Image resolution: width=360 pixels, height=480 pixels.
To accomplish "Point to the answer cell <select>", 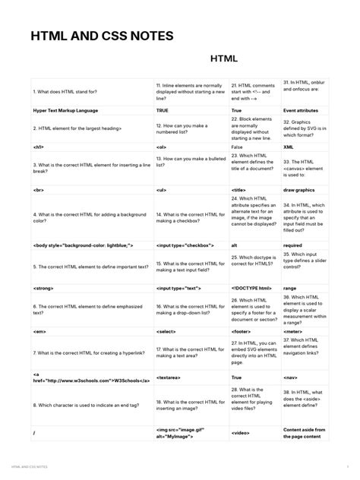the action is (166, 332).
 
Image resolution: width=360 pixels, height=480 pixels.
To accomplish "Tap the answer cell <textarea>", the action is (169, 377).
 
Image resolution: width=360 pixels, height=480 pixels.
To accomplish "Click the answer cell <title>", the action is (238, 189).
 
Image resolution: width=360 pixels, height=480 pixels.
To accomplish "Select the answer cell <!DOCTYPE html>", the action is (251, 289).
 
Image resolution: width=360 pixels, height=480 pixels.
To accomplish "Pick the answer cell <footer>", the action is (242, 332).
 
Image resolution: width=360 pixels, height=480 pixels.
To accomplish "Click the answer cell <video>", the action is (240, 433).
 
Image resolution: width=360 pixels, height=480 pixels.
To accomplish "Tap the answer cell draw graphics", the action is (302, 189).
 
